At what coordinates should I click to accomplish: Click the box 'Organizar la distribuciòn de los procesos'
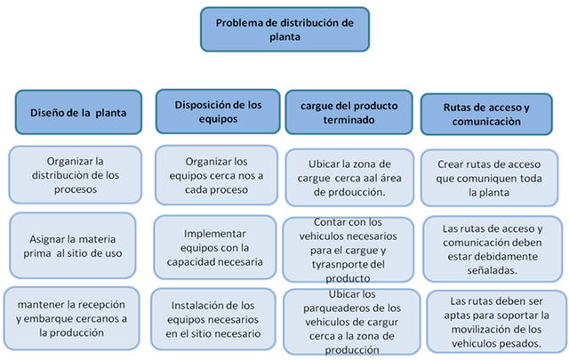click(x=76, y=173)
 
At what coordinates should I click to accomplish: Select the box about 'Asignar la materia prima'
click(x=76, y=240)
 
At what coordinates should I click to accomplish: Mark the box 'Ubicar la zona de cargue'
click(x=348, y=175)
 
